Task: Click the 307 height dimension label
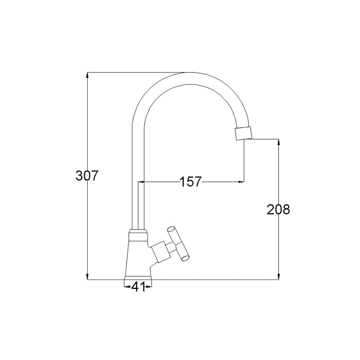click(x=87, y=176)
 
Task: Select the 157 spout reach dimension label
click(x=190, y=182)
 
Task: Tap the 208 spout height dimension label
click(x=278, y=209)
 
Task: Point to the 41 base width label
click(x=139, y=287)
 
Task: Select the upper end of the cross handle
click(x=171, y=229)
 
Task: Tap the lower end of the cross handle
click(x=185, y=258)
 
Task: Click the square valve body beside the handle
click(x=160, y=252)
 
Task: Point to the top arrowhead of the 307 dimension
click(x=87, y=75)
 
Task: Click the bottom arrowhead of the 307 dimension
click(x=87, y=277)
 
